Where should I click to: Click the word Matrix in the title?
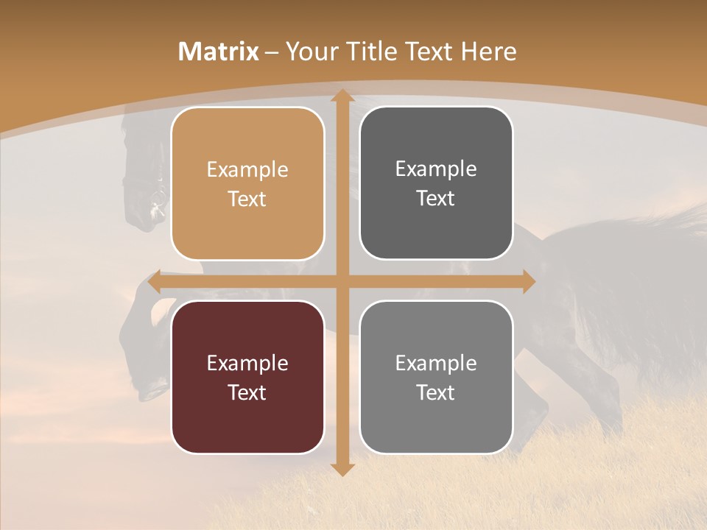coord(219,52)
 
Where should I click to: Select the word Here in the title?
coord(488,52)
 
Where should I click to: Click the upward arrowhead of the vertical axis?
coord(342,96)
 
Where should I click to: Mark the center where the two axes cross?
coord(342,282)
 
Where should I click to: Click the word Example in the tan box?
coord(247,170)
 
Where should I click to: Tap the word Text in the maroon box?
coord(247,392)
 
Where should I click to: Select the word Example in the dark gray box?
coord(436,169)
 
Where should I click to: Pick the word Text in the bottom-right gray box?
coord(436,392)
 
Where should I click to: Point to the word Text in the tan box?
coord(247,199)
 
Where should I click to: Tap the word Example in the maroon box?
coord(247,364)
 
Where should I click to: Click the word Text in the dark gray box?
coord(436,199)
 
